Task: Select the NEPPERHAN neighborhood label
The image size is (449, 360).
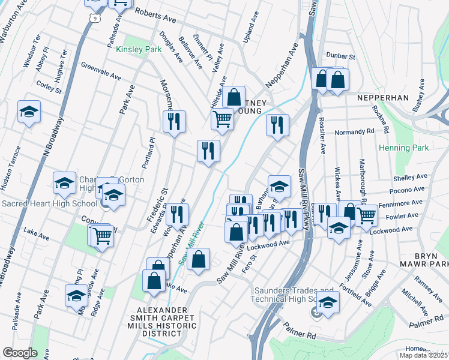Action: click(x=382, y=97)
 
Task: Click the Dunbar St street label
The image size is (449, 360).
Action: click(x=341, y=56)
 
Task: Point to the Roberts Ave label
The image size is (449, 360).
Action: click(x=155, y=16)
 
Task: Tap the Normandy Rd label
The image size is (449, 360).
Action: click(x=354, y=131)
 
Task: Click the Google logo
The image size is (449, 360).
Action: click(x=20, y=353)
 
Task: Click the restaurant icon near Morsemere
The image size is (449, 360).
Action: click(x=174, y=121)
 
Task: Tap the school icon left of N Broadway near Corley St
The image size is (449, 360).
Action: click(x=29, y=112)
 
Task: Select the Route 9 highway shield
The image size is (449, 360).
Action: click(x=94, y=19)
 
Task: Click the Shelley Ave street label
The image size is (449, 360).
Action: click(x=410, y=178)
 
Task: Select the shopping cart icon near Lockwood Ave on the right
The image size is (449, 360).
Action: click(x=366, y=215)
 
